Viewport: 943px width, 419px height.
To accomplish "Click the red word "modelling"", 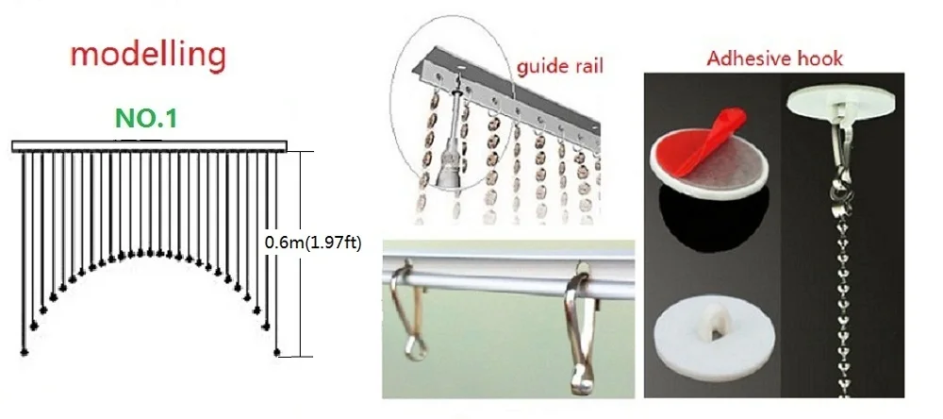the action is coord(148,56).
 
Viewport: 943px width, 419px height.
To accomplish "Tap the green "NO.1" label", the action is coord(146,118).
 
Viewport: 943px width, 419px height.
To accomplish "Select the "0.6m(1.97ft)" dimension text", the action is coord(313,244).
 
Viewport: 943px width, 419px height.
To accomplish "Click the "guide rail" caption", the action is coord(559,65).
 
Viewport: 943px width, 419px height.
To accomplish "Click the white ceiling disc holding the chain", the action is coord(841,102).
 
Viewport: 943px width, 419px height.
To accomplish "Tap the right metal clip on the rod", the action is coord(581,328).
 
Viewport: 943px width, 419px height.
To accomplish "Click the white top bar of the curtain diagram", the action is coord(149,145).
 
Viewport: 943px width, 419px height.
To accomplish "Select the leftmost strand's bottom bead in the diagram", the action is coord(25,352).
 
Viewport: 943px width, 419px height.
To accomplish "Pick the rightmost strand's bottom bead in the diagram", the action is coord(276,352).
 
